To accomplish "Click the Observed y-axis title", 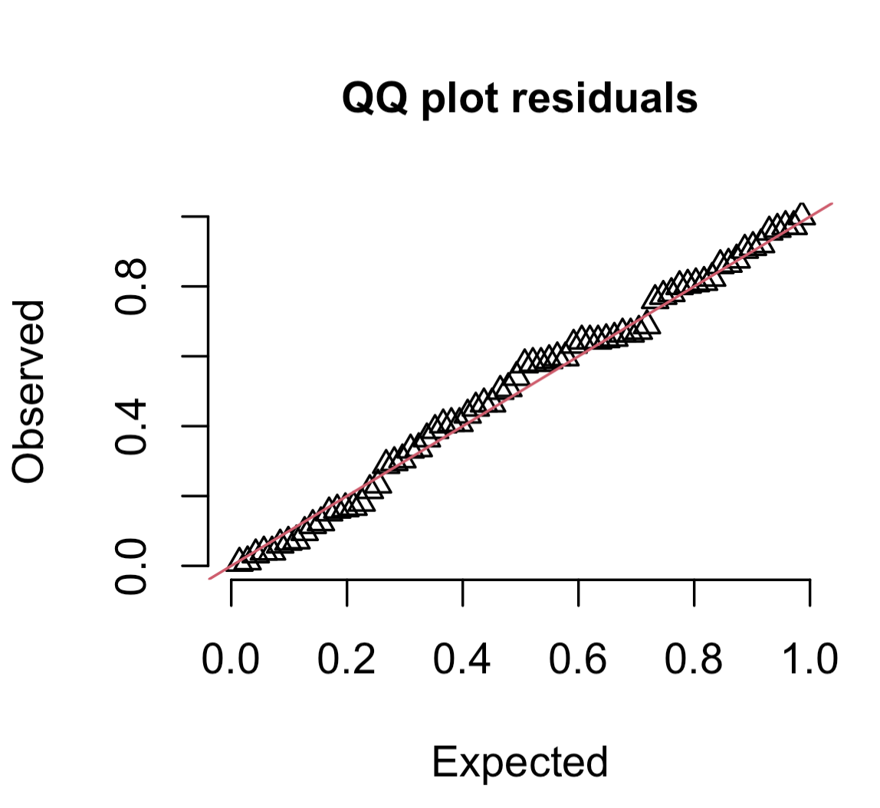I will [x=30, y=392].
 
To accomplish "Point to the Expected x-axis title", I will [x=520, y=761].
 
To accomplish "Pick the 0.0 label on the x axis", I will [x=231, y=659].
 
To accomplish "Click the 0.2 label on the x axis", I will [x=347, y=659].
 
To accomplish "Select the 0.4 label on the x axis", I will [x=463, y=659].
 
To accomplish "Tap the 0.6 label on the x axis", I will [x=579, y=659].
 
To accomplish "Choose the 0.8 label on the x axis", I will [x=694, y=659].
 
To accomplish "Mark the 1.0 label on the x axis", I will [x=809, y=659].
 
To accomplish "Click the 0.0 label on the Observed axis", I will [x=130, y=566].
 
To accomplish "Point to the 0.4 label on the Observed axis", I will [x=130, y=426].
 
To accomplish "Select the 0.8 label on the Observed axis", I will [x=130, y=287].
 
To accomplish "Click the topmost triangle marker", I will [x=801, y=213].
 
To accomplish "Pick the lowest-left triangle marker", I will [x=240, y=560].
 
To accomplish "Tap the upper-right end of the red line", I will [x=832, y=203].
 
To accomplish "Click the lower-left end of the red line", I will [x=209, y=579].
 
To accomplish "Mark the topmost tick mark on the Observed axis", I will [x=195, y=217].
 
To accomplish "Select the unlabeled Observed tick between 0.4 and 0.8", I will [x=195, y=356].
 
